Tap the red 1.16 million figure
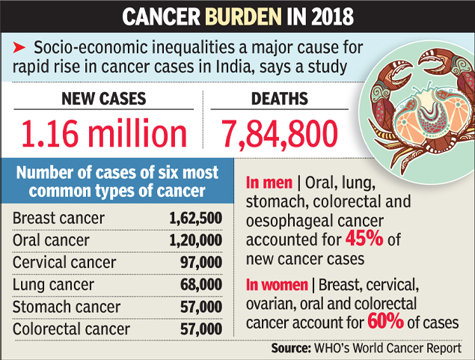(104, 134)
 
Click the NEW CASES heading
(104, 100)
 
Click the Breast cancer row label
(59, 219)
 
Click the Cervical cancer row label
(64, 263)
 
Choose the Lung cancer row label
(53, 284)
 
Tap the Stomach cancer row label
(66, 307)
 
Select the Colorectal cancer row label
(71, 329)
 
